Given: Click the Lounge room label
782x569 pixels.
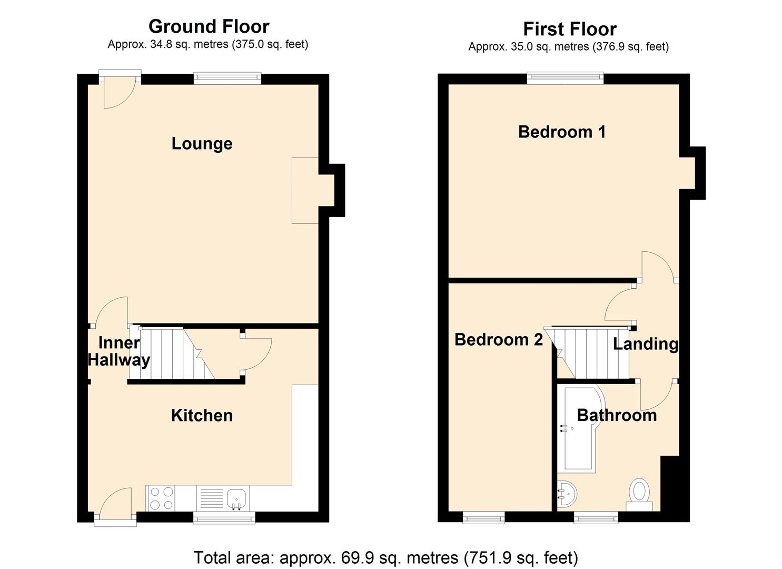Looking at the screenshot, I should coord(202,144).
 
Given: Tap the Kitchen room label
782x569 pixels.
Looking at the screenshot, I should coord(202,415).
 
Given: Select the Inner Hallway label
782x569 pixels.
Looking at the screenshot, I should coord(119,351).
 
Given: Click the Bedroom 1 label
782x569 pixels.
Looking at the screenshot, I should coord(561,132).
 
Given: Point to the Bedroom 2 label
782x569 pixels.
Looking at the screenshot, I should coord(498,340).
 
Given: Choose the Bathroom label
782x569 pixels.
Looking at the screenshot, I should coord(617,415).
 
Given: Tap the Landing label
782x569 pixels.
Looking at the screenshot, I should coord(645,344).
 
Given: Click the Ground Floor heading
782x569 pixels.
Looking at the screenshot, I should coord(209,26).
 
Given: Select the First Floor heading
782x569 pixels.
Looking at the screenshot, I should coord(569,29).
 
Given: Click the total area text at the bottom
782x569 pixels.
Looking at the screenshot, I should coord(385,557).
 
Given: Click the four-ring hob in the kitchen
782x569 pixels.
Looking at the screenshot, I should coord(162,498).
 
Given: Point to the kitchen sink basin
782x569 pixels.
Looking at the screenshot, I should coord(237,496).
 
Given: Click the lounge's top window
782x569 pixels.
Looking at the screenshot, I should coord(227,79).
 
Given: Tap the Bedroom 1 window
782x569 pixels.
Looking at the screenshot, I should coord(565,79).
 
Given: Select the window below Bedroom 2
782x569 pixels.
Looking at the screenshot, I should coord(483,518).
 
